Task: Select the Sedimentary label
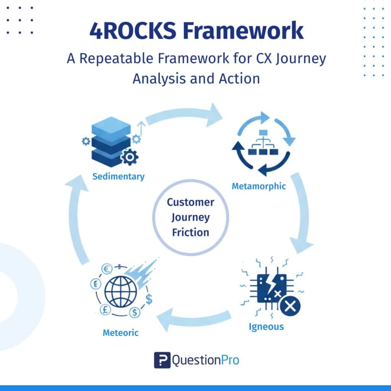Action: (x=118, y=177)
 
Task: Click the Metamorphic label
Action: (x=259, y=187)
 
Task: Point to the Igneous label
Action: (x=266, y=327)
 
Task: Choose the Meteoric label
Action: (x=120, y=333)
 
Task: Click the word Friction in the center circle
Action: (x=190, y=232)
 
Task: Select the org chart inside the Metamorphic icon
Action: (x=263, y=143)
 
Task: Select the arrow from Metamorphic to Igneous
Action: (x=302, y=214)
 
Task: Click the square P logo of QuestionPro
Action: (x=162, y=360)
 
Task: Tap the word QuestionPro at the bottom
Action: (x=206, y=360)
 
